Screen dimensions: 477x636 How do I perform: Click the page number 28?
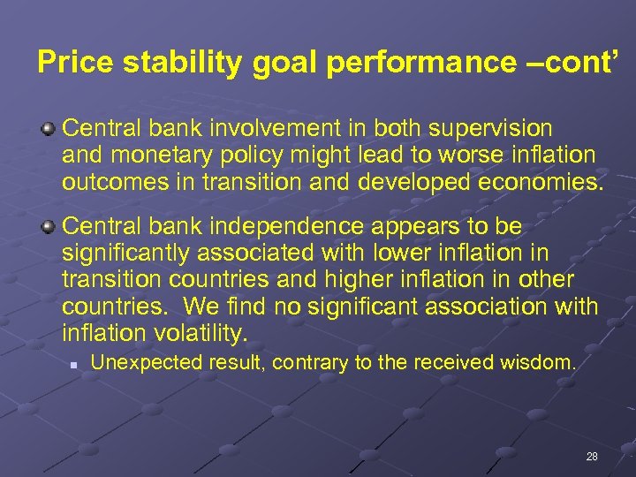pos(592,457)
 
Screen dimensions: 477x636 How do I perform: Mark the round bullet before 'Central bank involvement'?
pos(49,129)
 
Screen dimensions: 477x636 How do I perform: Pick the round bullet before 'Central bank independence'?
pos(49,225)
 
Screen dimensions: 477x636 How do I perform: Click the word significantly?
pos(125,253)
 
